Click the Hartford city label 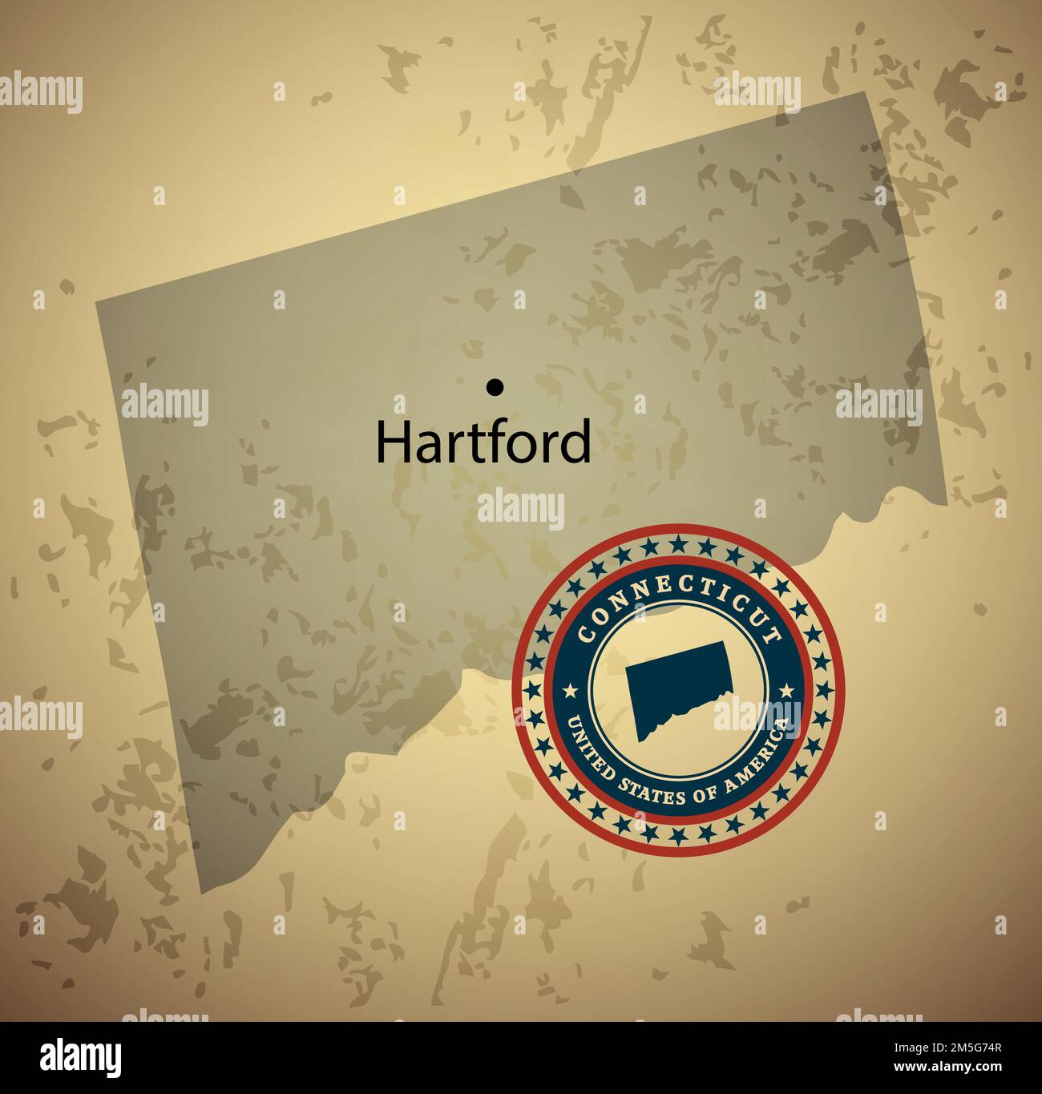pyautogui.click(x=483, y=442)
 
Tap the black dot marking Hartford pyautogui.click(x=495, y=387)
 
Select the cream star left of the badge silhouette pyautogui.click(x=570, y=689)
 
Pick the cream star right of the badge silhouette pyautogui.click(x=786, y=689)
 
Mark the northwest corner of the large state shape pyautogui.click(x=97, y=303)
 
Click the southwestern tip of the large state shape pyautogui.click(x=200, y=891)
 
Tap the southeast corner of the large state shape pyautogui.click(x=947, y=505)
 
